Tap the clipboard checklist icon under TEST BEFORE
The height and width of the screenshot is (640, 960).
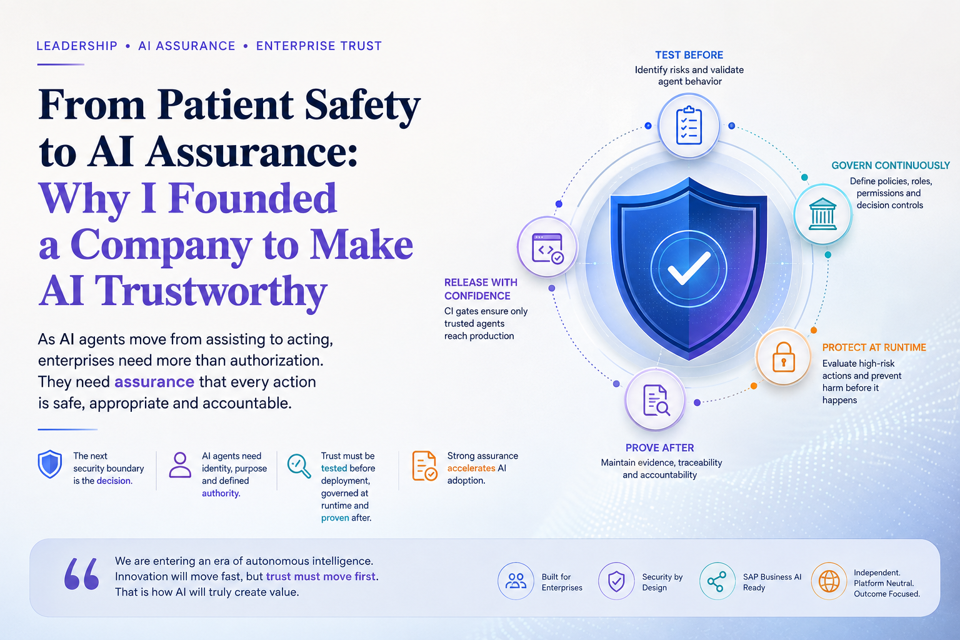tap(689, 125)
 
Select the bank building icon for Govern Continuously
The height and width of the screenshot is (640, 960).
tap(822, 214)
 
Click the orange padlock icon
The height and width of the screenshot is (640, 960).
tap(783, 357)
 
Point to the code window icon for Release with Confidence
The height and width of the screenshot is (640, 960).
tap(547, 248)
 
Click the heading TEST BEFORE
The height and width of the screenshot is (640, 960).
tap(689, 55)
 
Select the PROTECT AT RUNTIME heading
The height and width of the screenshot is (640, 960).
tap(874, 347)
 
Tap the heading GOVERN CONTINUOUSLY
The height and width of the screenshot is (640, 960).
tap(891, 166)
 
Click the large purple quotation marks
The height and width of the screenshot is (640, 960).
tap(81, 574)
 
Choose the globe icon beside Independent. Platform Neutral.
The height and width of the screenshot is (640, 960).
tap(829, 581)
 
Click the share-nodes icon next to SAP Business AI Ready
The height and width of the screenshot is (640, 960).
tap(717, 581)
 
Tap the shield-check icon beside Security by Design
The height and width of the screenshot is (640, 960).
tap(616, 581)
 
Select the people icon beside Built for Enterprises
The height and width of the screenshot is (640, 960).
tap(516, 581)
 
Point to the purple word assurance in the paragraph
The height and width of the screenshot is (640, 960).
tap(154, 381)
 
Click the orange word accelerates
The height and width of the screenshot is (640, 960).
tap(471, 468)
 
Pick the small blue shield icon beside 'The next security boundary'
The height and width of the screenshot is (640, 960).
tap(50, 464)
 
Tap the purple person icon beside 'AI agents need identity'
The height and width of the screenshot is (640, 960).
tap(180, 464)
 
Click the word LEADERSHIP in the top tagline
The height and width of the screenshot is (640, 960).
tap(77, 46)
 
